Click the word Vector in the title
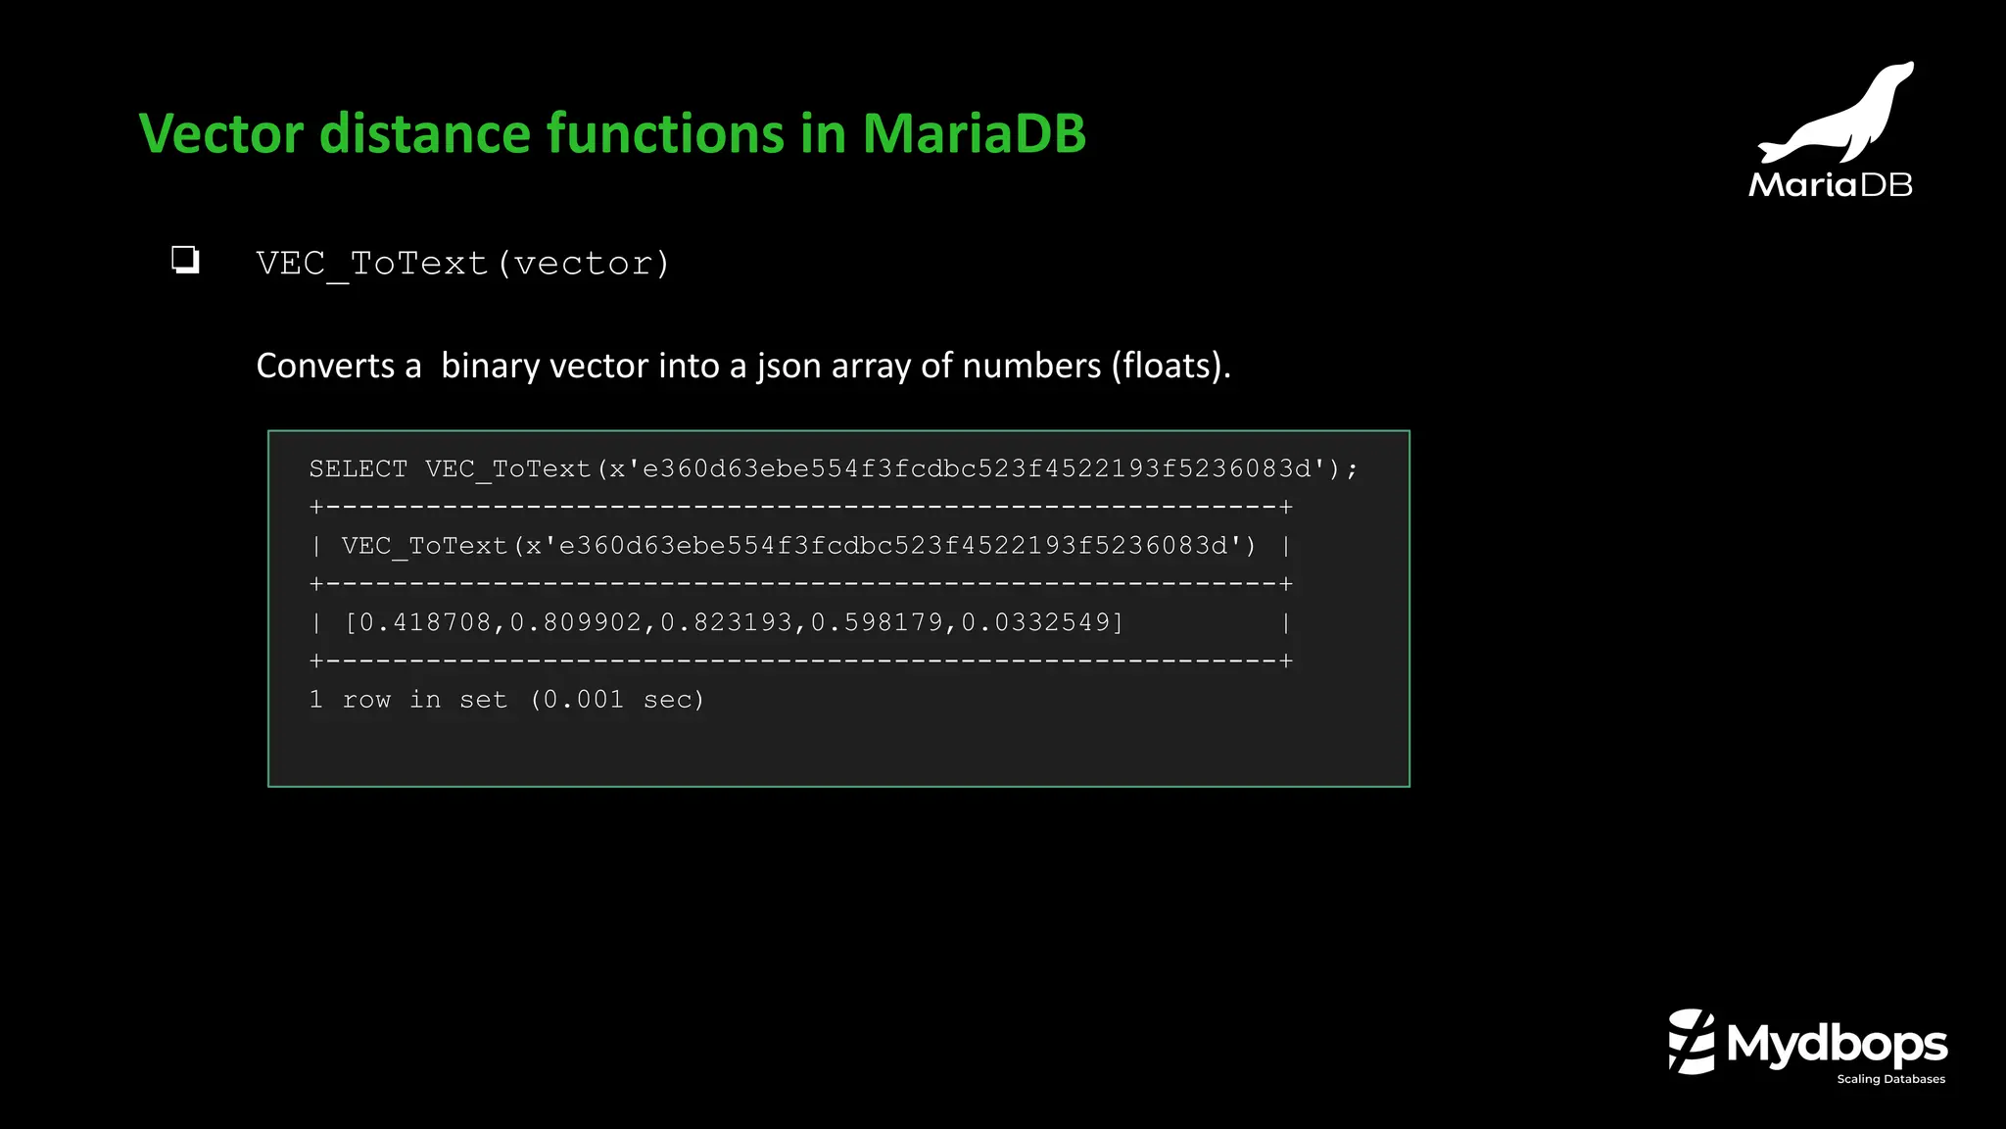pyautogui.click(x=221, y=133)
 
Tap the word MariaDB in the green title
pyautogui.click(x=974, y=133)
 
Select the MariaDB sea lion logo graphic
pyautogui.click(x=1837, y=113)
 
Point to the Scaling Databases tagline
pyautogui.click(x=1890, y=1079)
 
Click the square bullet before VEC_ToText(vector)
pyautogui.click(x=185, y=260)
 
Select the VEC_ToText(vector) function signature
pyautogui.click(x=462, y=264)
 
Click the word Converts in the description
pyautogui.click(x=325, y=366)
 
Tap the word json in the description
pyautogui.click(x=788, y=366)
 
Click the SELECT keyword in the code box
pyautogui.click(x=358, y=469)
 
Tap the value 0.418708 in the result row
pyautogui.click(x=426, y=622)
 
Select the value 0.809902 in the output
pyautogui.click(x=576, y=622)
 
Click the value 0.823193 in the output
pyautogui.click(x=726, y=622)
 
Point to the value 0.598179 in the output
pyautogui.click(x=877, y=622)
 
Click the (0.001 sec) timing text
pyautogui.click(x=617, y=700)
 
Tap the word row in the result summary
pyautogui.click(x=366, y=700)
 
